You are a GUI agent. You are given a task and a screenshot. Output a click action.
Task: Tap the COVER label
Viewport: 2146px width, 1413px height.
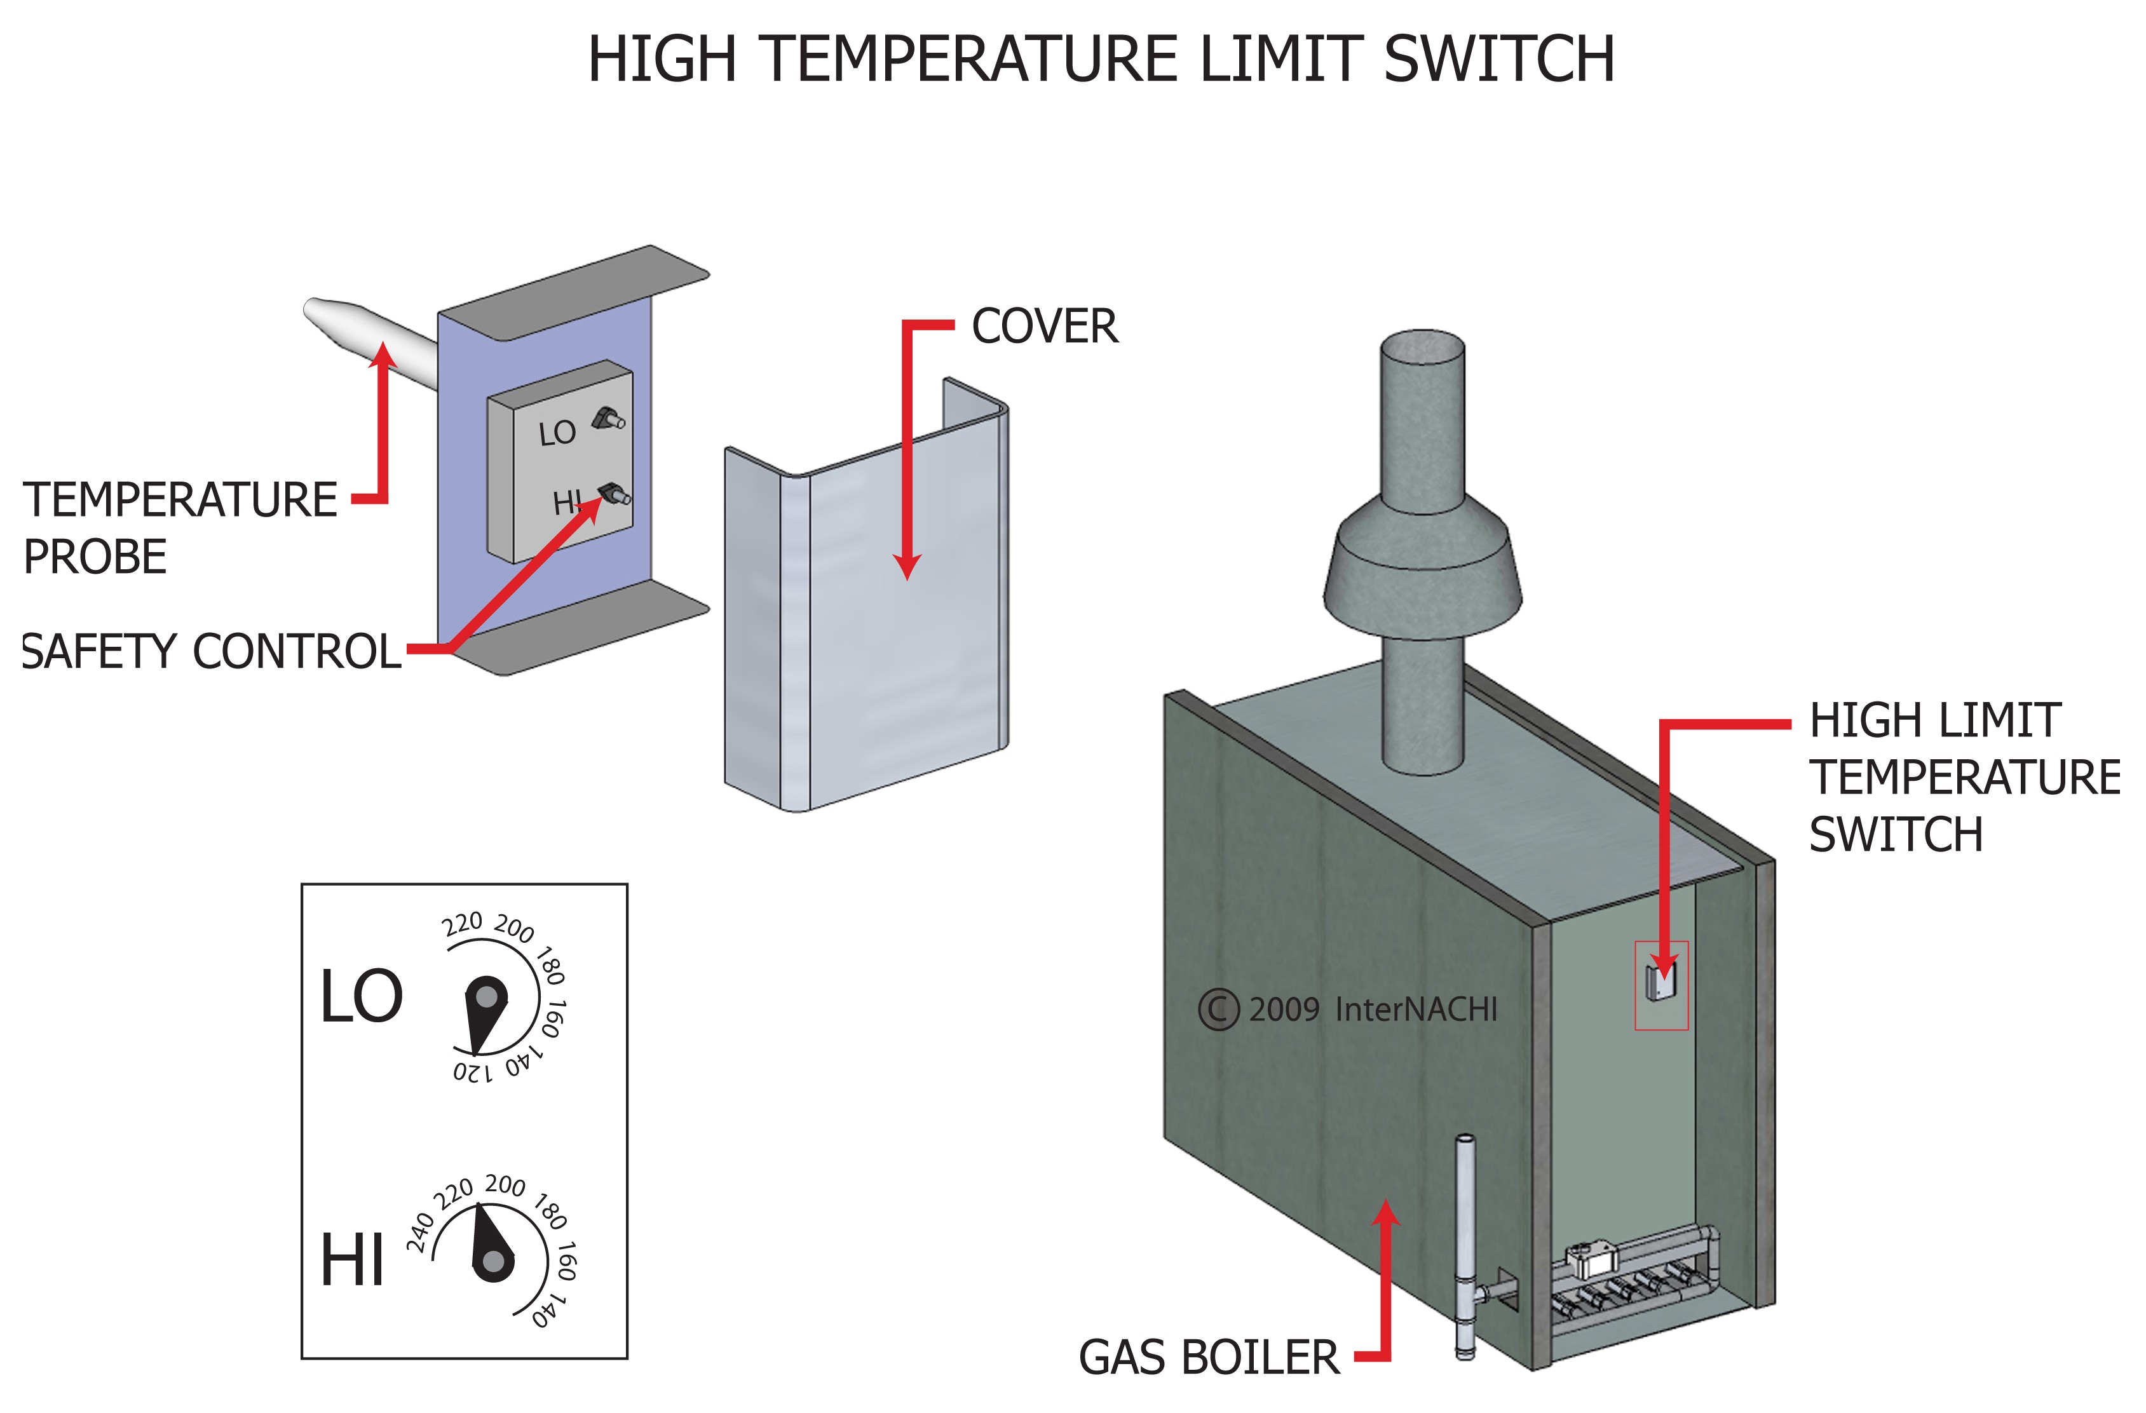click(x=1044, y=327)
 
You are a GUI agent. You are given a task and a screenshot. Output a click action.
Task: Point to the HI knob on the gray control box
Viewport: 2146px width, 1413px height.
click(x=615, y=492)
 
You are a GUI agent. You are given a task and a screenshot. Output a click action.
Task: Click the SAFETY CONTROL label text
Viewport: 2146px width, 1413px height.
click(x=212, y=651)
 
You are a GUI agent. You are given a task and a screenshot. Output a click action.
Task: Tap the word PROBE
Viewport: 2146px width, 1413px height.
click(x=95, y=557)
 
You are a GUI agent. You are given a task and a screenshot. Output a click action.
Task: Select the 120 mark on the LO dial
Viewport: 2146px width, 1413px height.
click(x=473, y=1072)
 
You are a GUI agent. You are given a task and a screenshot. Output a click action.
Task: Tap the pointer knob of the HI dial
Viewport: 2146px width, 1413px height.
click(x=493, y=1261)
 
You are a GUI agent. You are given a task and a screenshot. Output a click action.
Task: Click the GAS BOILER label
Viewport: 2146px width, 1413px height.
click(x=1208, y=1358)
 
